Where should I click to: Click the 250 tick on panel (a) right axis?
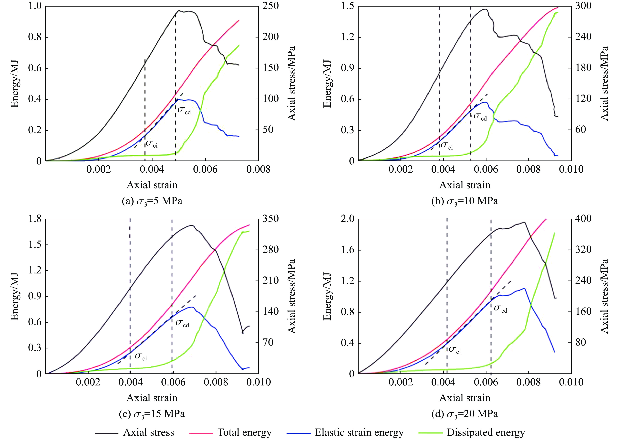pyautogui.click(x=271, y=6)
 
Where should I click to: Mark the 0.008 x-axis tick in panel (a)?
pyautogui.click(x=258, y=169)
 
